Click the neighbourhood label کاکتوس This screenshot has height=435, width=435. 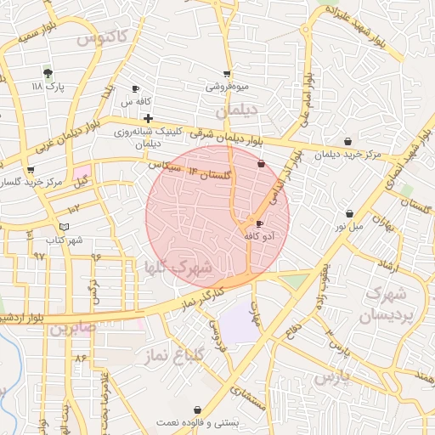(x=101, y=37)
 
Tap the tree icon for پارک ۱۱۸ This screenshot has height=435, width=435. (x=48, y=73)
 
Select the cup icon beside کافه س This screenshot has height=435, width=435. (x=135, y=89)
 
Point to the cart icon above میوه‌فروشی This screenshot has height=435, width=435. (x=226, y=74)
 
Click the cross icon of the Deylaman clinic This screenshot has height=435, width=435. (x=148, y=118)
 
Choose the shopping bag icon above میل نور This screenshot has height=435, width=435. (x=350, y=214)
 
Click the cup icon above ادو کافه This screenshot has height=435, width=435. (x=259, y=223)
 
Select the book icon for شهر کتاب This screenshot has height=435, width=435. (x=65, y=227)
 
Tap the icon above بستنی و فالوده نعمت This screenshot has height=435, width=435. (x=198, y=410)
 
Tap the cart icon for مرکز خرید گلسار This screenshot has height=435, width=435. (x=31, y=170)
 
